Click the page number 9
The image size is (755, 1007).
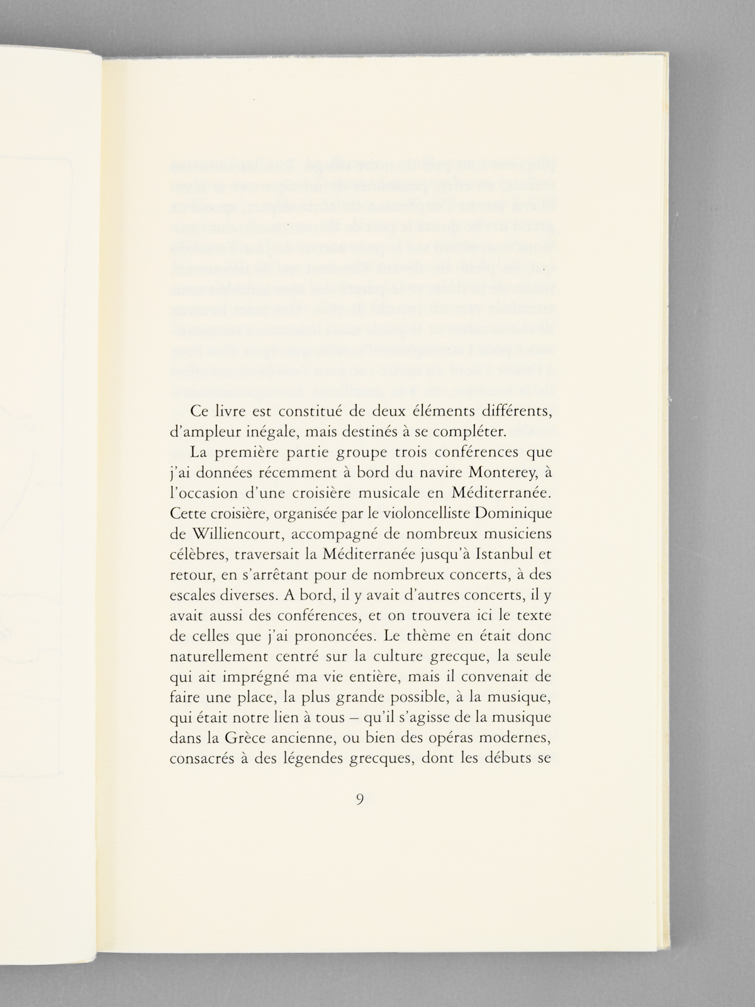point(359,800)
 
